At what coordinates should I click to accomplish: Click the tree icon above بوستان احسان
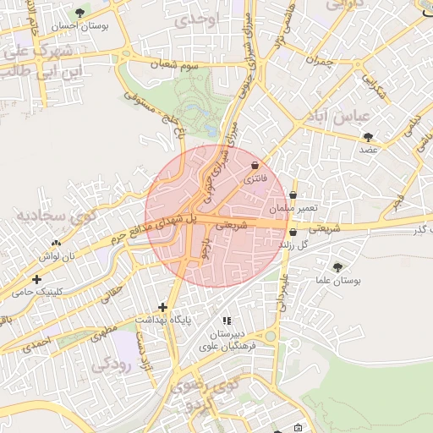[x=80, y=12]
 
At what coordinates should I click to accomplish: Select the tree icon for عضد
[x=368, y=136]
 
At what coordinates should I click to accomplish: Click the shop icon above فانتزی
[x=255, y=166]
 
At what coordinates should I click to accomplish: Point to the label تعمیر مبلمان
[x=293, y=208]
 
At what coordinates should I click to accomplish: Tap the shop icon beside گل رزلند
[x=293, y=232]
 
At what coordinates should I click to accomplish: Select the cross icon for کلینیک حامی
[x=36, y=279]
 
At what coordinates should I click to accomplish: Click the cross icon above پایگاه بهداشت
[x=162, y=307]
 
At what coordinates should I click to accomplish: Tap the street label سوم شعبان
[x=173, y=63]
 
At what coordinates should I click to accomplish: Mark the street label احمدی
[x=37, y=343]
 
